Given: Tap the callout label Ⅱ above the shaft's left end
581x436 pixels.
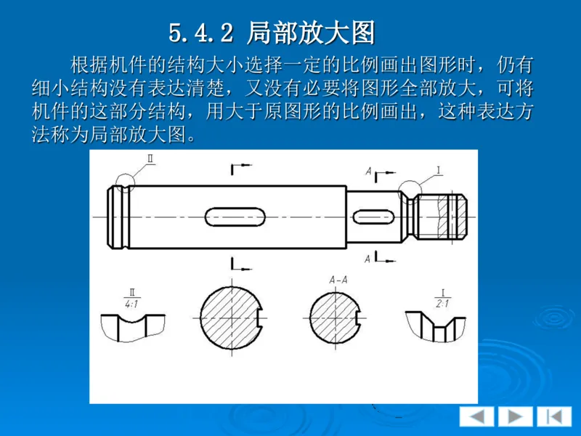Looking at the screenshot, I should point(150,159).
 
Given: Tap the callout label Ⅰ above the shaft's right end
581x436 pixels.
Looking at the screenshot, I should point(439,170).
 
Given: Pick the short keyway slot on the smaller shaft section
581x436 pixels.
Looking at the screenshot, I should point(375,217).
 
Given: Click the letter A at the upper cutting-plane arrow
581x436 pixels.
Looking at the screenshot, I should point(369,172).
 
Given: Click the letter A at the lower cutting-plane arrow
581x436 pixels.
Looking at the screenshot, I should point(369,258).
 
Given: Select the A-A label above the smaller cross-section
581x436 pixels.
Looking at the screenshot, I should point(338,279).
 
